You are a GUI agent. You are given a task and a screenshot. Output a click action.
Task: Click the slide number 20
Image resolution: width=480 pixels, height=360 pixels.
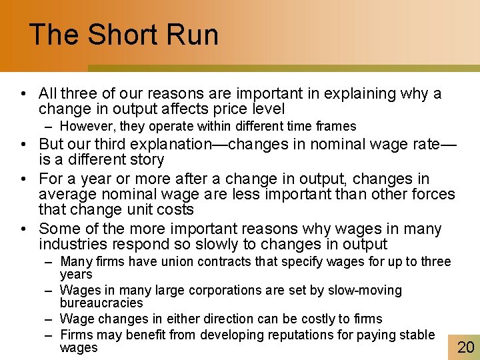[x=465, y=346]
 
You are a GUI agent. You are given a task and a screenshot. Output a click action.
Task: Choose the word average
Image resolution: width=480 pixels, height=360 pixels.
[x=68, y=195]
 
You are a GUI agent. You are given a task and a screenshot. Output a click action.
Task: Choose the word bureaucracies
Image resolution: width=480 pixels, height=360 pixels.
[x=101, y=303]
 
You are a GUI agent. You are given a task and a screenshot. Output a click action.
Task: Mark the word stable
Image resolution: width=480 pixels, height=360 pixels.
[x=415, y=335]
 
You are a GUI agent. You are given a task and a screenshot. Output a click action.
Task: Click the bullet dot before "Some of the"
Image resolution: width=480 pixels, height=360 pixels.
[x=23, y=229]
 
